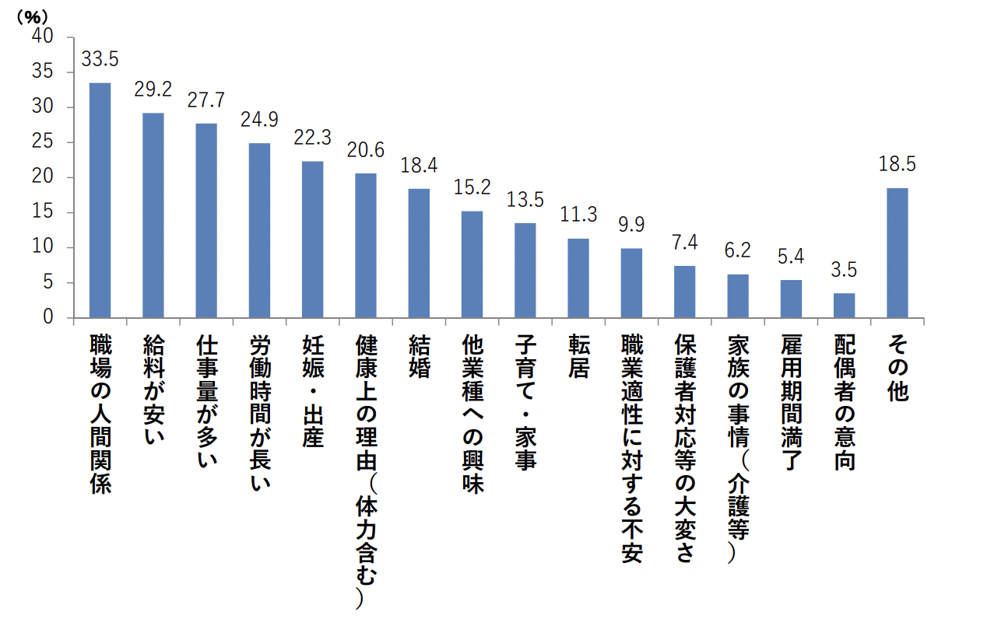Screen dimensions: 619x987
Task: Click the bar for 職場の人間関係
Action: coord(100,200)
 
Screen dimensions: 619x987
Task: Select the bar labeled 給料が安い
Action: coord(153,215)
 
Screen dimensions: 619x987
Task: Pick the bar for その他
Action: coord(897,253)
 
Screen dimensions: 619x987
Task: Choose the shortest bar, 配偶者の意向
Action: coord(844,305)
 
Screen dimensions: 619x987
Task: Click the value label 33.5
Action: coord(100,60)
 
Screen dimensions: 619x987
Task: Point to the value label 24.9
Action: coord(259,121)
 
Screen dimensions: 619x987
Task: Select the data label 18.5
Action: coord(897,165)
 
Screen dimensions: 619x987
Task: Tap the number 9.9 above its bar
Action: coord(631,226)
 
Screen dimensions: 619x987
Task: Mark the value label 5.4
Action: coord(791,257)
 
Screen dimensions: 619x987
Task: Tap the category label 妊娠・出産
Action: coord(312,392)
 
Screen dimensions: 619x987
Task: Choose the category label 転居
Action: coord(578,356)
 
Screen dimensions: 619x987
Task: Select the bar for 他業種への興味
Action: coord(472,264)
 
